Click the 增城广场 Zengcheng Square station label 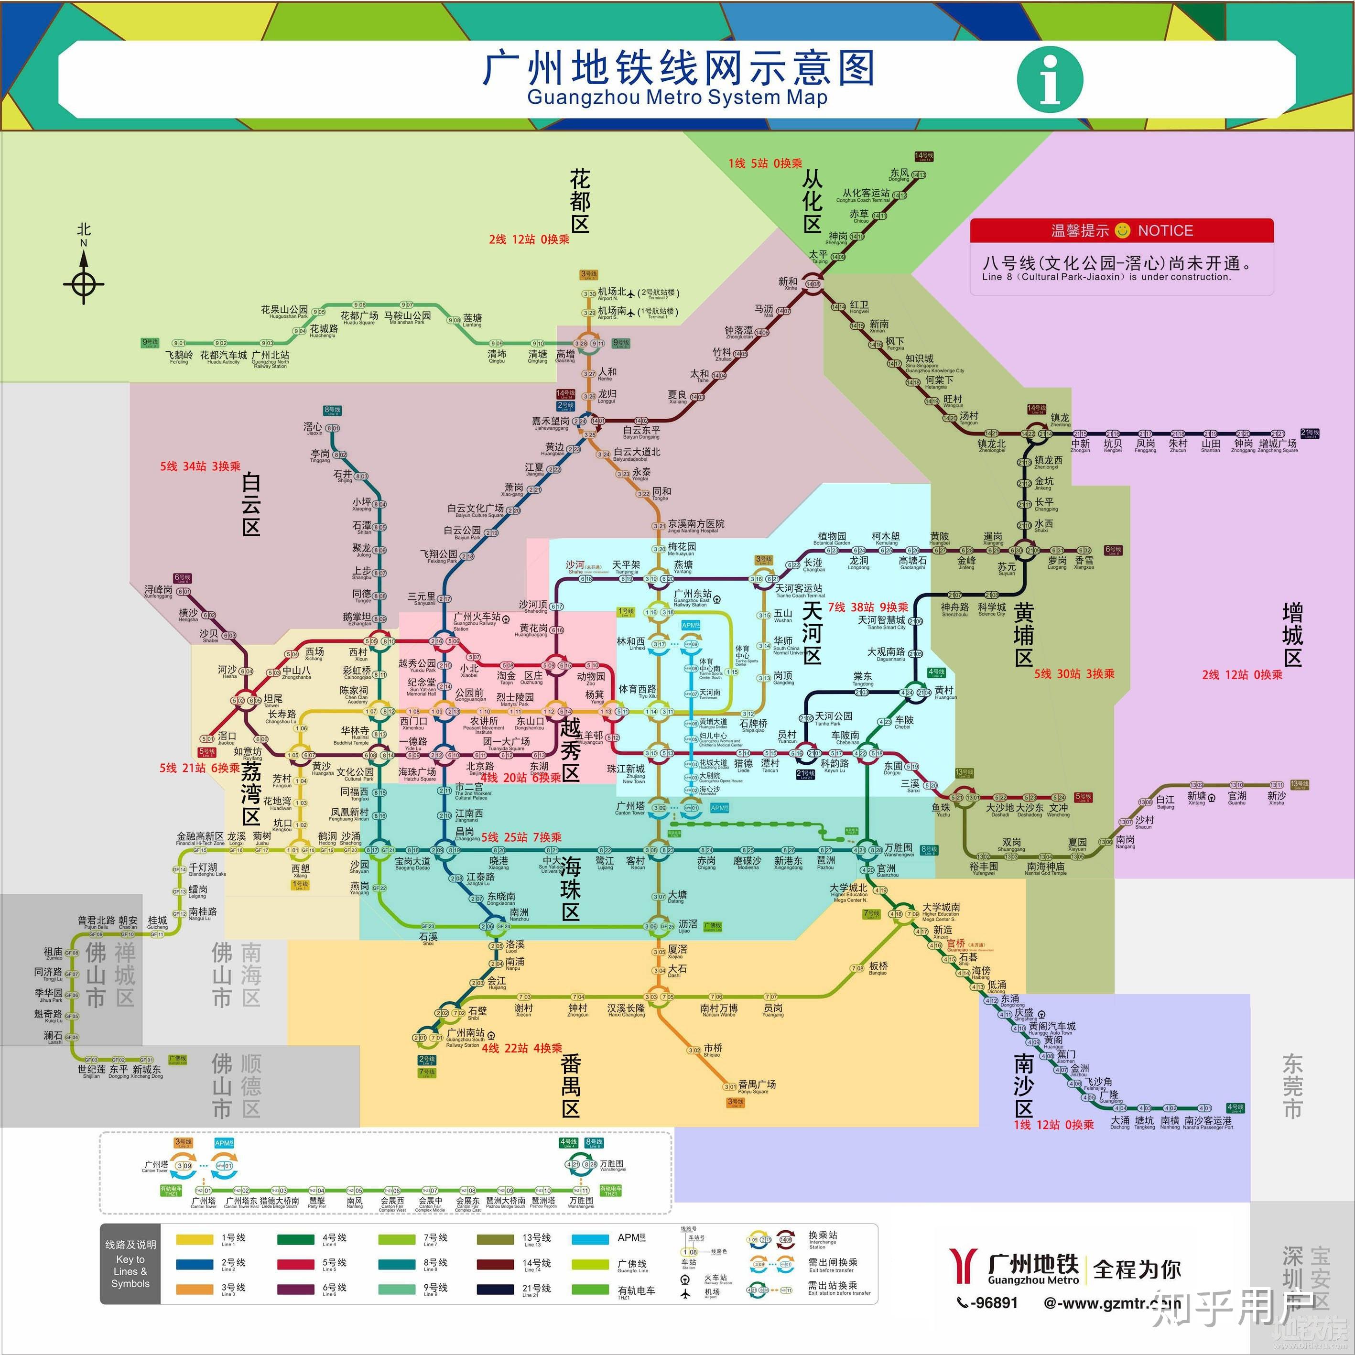coord(1278,444)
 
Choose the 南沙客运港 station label coord(1208,1121)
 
